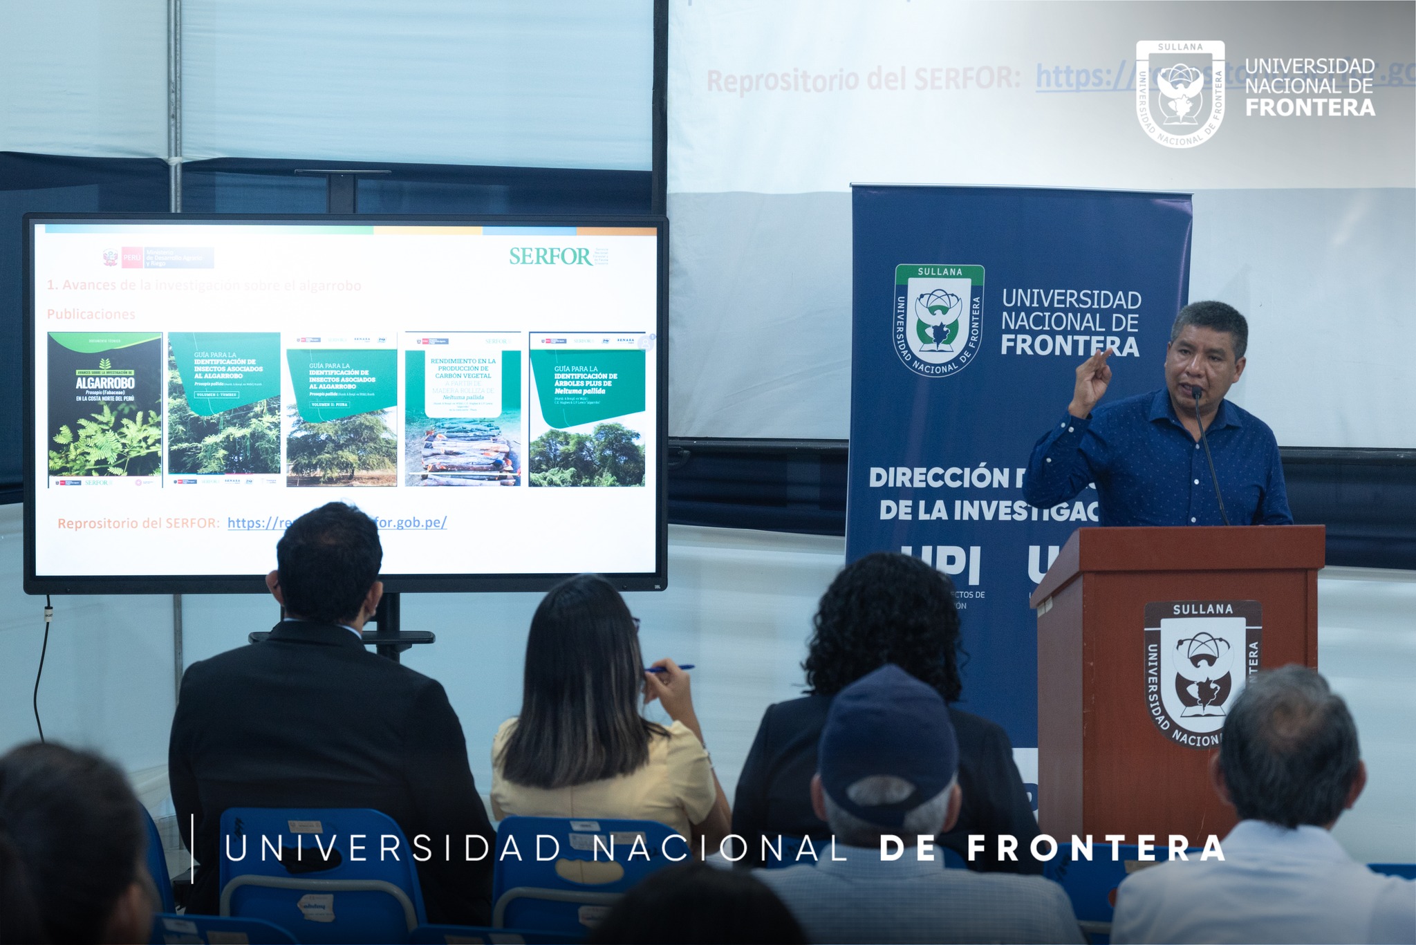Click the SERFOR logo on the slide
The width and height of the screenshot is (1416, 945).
click(x=551, y=256)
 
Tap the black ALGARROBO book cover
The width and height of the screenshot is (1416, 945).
click(x=104, y=409)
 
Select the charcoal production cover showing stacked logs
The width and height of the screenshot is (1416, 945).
click(x=463, y=409)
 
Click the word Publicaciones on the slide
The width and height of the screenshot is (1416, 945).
click(x=91, y=315)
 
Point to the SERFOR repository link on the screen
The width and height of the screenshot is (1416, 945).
click(x=337, y=523)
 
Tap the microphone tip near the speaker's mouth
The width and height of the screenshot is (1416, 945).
click(x=1195, y=393)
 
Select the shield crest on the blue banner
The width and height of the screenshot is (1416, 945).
click(x=939, y=320)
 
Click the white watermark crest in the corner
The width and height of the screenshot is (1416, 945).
click(x=1180, y=93)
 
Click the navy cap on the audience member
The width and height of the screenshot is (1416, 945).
click(x=887, y=733)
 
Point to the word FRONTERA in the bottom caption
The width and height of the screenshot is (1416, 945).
click(x=1096, y=848)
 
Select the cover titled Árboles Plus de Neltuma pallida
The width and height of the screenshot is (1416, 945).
click(x=587, y=409)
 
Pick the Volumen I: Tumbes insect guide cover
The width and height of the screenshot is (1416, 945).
click(x=224, y=404)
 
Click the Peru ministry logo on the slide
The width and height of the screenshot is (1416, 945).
click(x=158, y=258)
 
